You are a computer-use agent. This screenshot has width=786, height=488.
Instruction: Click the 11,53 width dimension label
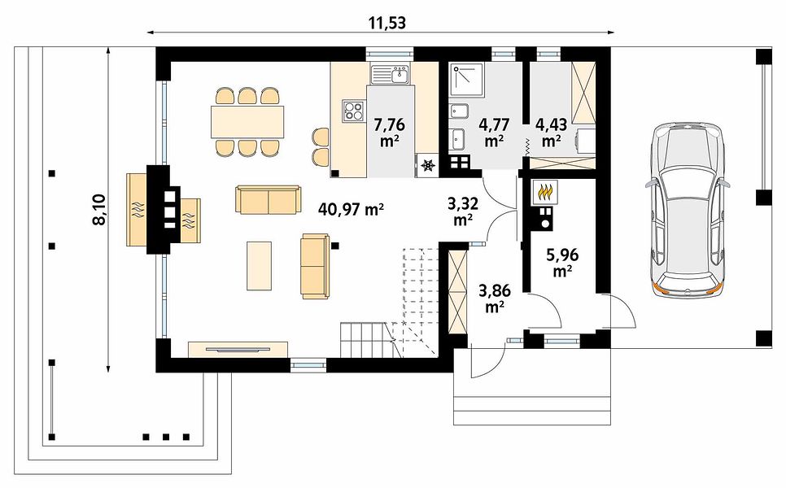click(387, 24)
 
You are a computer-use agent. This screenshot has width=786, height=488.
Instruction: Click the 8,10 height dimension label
click(99, 209)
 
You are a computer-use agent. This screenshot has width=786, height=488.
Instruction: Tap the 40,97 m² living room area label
click(351, 209)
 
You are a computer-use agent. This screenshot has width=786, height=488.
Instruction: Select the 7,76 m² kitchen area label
click(390, 133)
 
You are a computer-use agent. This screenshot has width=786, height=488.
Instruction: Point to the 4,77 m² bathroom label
click(494, 133)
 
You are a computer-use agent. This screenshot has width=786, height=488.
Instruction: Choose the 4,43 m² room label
click(551, 133)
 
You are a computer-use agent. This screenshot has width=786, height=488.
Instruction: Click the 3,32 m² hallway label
click(462, 211)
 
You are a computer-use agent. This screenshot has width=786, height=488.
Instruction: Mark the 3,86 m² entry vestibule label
click(494, 298)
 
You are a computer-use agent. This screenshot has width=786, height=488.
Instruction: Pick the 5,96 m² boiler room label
click(563, 263)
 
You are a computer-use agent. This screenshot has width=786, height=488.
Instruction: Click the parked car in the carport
click(685, 210)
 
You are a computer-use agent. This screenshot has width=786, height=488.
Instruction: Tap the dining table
click(247, 122)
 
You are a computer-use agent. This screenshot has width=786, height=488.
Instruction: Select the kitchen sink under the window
click(391, 75)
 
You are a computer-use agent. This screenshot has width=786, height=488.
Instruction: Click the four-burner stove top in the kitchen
click(353, 111)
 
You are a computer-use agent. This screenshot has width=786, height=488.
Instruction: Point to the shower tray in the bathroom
click(466, 79)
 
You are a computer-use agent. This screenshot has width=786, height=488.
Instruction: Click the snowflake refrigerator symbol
click(428, 165)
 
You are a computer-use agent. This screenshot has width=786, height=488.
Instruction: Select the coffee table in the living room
click(260, 265)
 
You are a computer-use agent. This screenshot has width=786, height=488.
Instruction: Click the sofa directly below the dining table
click(269, 199)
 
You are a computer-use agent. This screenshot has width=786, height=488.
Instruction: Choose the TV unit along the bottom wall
click(238, 349)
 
